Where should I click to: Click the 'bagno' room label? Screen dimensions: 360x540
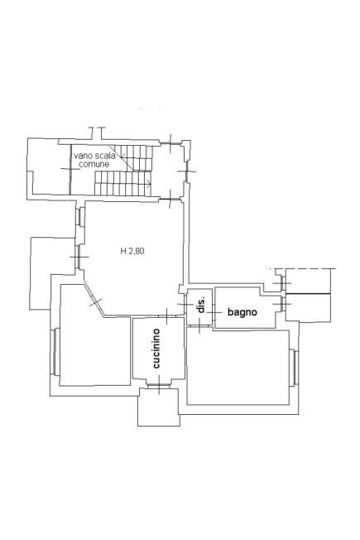(242, 312)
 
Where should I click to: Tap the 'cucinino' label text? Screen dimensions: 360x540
(156, 349)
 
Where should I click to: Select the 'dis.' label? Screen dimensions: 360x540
(202, 305)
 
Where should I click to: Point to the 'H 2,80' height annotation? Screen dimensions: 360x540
(132, 251)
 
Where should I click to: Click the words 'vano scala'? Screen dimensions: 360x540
(94, 156)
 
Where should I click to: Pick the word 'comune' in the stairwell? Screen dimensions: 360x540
(94, 164)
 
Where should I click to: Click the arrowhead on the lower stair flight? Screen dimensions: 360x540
(149, 185)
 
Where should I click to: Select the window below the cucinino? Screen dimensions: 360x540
(159, 384)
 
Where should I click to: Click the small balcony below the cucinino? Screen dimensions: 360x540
(159, 407)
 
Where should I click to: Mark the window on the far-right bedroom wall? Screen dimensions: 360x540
(295, 368)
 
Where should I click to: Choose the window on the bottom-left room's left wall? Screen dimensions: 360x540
(55, 351)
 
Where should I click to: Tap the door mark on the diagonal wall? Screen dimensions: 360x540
(95, 302)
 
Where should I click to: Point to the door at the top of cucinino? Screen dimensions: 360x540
(166, 316)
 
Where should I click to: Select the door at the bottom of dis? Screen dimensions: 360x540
(200, 325)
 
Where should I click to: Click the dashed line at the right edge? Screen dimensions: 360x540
(303, 268)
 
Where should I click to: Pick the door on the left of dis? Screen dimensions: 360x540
(185, 305)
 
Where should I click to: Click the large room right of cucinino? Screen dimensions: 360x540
(238, 367)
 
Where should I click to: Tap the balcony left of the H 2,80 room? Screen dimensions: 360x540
(51, 272)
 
